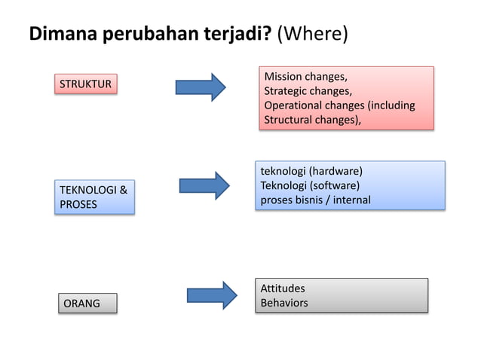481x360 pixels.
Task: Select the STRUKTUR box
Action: tap(87, 84)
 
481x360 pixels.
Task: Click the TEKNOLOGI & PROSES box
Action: tap(94, 197)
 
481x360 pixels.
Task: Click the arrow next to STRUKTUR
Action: tap(200, 87)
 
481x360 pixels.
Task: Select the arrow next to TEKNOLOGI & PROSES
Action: tap(204, 185)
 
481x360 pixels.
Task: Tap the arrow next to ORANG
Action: tap(212, 294)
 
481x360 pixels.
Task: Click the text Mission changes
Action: tap(305, 77)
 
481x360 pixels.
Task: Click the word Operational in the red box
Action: tap(294, 105)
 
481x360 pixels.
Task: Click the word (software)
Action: tap(335, 185)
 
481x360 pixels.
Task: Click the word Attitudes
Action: tap(283, 288)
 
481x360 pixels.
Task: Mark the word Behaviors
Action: tap(284, 303)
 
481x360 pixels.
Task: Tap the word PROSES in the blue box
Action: tap(78, 205)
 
